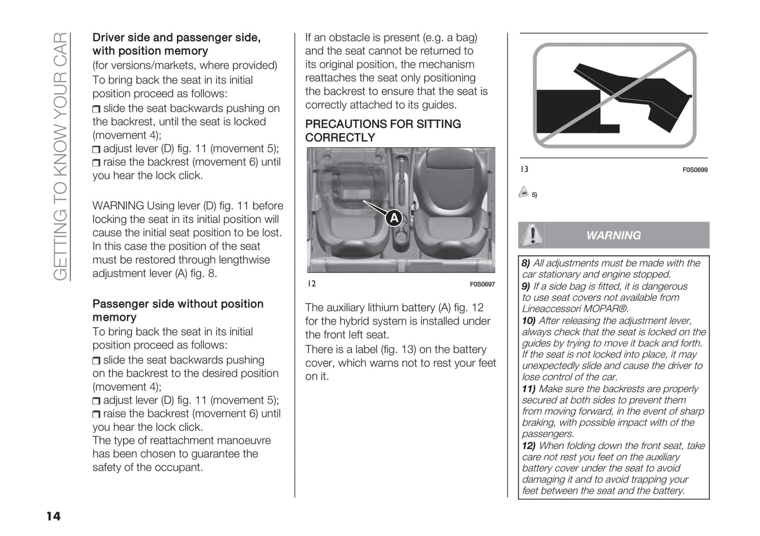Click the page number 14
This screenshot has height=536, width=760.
pyautogui.click(x=54, y=516)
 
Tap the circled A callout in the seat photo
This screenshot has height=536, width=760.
pyautogui.click(x=394, y=217)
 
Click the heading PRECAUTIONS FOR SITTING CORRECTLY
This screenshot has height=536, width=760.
pyautogui.click(x=383, y=130)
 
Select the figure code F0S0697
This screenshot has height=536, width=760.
pyautogui.click(x=482, y=285)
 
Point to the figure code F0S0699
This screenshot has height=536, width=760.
pyautogui.click(x=695, y=170)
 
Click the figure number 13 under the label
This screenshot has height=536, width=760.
pyautogui.click(x=524, y=169)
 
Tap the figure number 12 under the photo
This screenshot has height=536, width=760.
pyautogui.click(x=312, y=284)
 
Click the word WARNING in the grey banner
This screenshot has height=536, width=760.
pyautogui.click(x=613, y=236)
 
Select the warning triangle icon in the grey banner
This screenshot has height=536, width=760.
pyautogui.click(x=532, y=235)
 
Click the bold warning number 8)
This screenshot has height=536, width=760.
pyautogui.click(x=526, y=263)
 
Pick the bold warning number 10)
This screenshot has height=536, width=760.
pyautogui.click(x=529, y=320)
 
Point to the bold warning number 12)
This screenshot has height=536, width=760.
pyautogui.click(x=529, y=446)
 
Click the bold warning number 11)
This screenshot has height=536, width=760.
pyautogui.click(x=529, y=389)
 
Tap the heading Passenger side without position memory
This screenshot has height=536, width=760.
pyautogui.click(x=178, y=310)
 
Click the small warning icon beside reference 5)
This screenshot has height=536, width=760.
pyautogui.click(x=523, y=193)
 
